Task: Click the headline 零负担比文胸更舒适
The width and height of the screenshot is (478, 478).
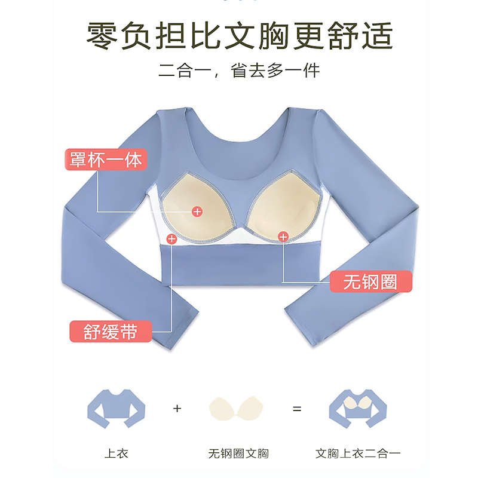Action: [x=239, y=36]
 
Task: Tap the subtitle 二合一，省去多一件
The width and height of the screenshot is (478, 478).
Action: [x=239, y=71]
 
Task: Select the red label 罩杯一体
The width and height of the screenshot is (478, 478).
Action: [x=105, y=160]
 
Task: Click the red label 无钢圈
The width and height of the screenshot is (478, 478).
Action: [x=371, y=281]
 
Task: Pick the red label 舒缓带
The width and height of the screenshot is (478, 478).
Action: [x=111, y=332]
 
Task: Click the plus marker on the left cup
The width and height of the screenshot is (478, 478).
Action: [x=197, y=211]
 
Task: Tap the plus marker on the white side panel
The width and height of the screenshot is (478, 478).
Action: [x=171, y=239]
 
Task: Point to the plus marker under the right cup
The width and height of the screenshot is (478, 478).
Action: [x=283, y=236]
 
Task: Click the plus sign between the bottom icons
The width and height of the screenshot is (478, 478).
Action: [x=177, y=409]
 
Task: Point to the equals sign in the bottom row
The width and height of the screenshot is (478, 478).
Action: [x=297, y=409]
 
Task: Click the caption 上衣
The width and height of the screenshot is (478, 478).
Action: [x=117, y=454]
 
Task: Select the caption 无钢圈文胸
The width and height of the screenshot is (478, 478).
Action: [x=238, y=454]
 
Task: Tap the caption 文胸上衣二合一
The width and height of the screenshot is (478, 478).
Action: [x=358, y=454]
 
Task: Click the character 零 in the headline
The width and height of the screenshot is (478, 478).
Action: [x=101, y=36]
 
